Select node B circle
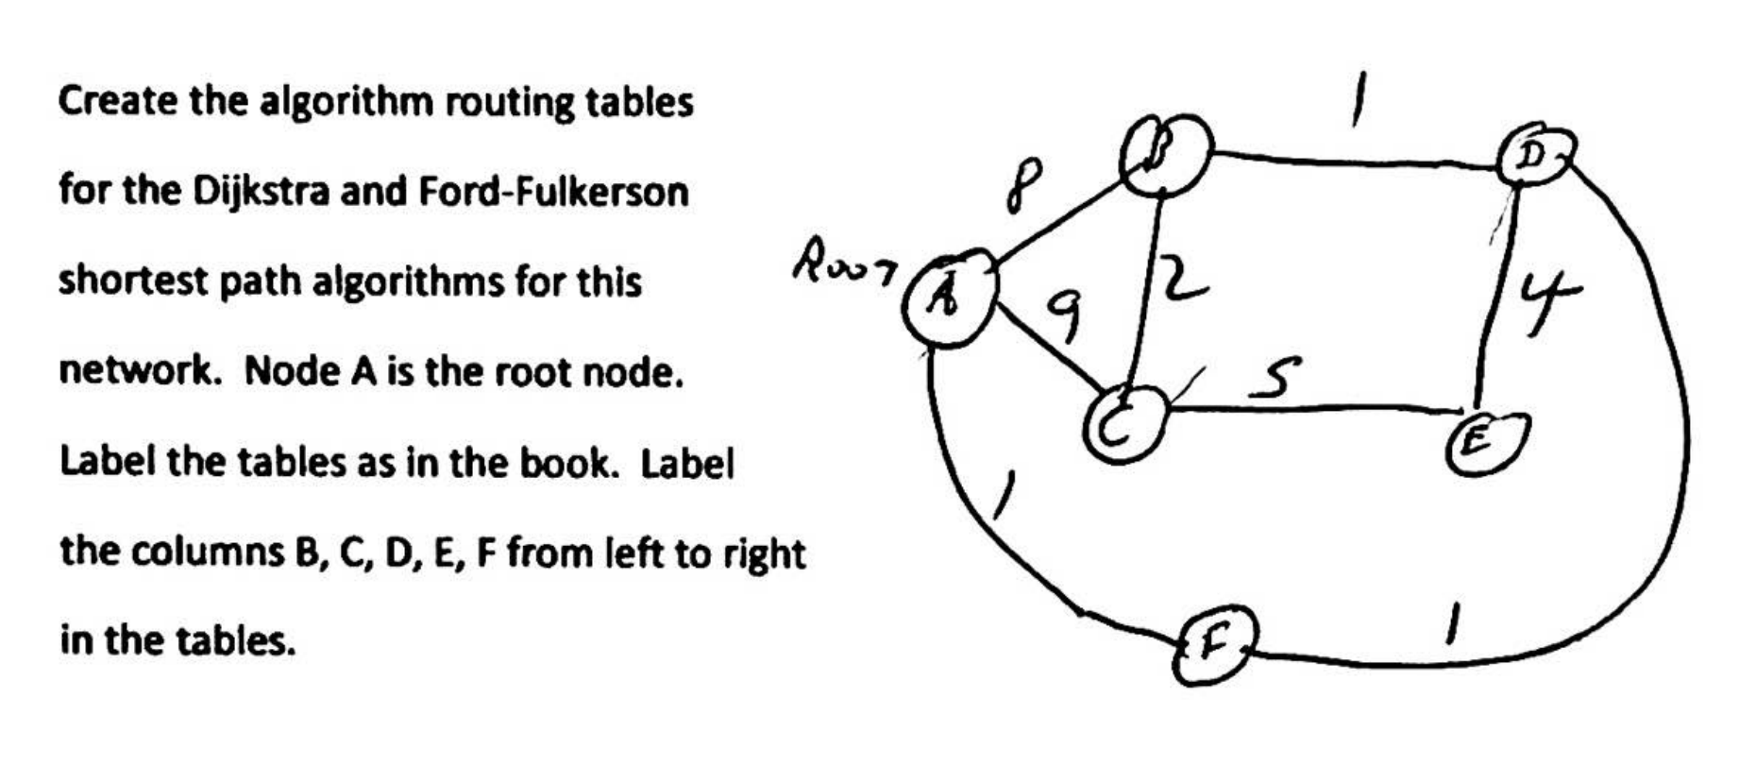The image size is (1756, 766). [1165, 154]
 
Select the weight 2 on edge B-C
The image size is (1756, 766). [1182, 279]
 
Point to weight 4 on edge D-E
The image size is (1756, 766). [1546, 302]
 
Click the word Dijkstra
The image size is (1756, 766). [262, 192]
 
